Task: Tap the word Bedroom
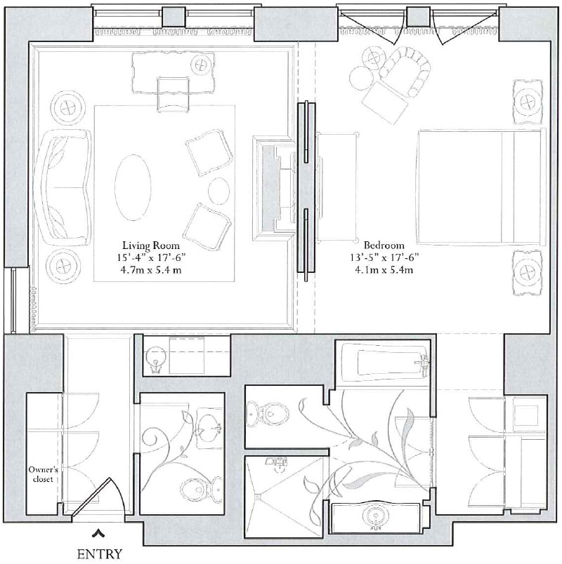379,245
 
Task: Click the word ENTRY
100,553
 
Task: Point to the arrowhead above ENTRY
100,532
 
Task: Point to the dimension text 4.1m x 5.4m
379,269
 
